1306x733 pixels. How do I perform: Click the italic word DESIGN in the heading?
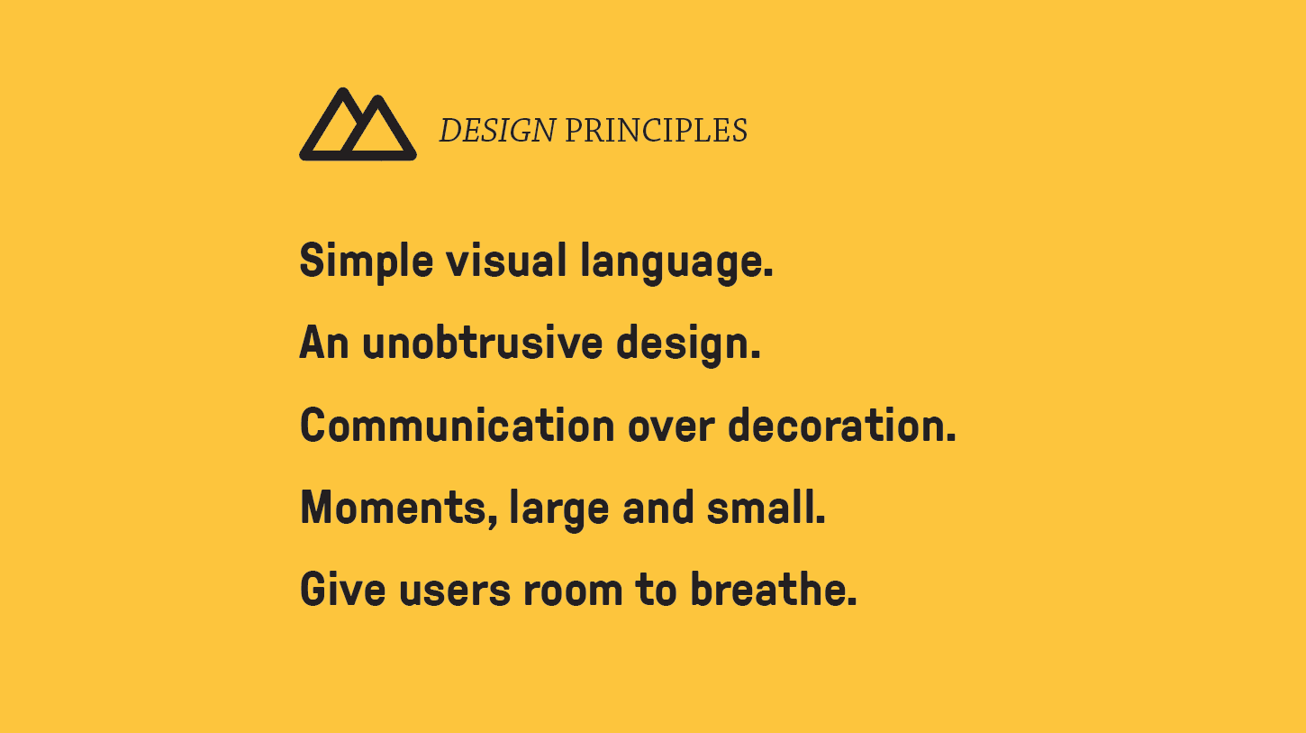point(497,130)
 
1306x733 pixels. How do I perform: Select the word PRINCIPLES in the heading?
point(656,130)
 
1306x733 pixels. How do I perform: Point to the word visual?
point(506,260)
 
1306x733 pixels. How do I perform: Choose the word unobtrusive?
point(482,342)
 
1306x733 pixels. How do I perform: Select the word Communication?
point(458,425)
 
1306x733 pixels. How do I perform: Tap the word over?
point(671,428)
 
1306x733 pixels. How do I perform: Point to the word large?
point(559,510)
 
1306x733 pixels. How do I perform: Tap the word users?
point(455,592)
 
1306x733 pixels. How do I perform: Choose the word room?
point(573,592)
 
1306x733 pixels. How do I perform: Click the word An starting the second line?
point(324,342)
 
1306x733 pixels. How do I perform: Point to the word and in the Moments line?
point(658,507)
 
